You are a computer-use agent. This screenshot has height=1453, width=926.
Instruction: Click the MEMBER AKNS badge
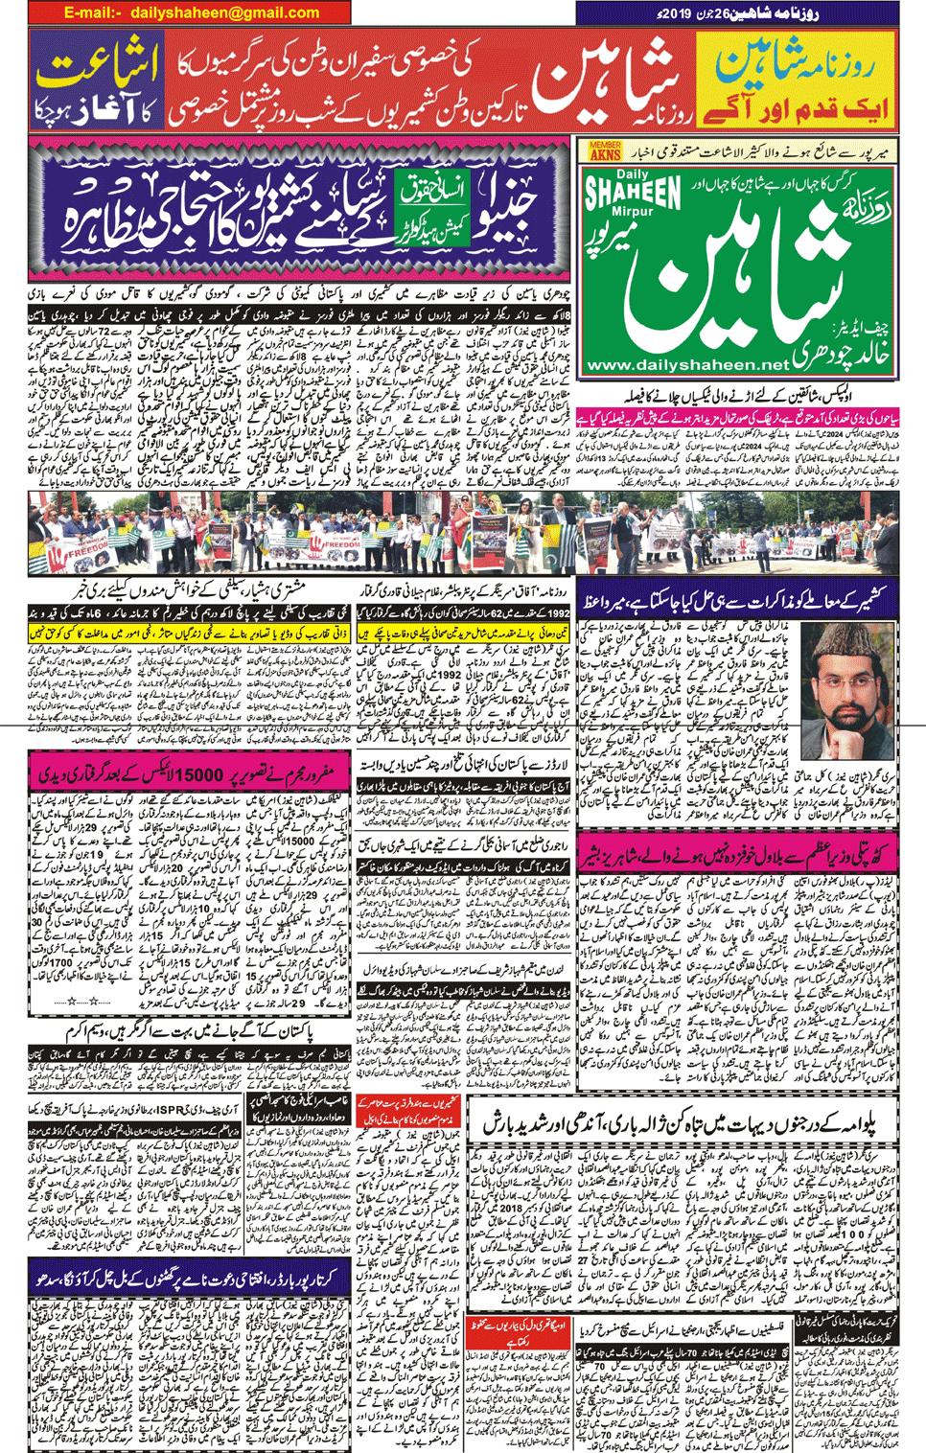point(605,150)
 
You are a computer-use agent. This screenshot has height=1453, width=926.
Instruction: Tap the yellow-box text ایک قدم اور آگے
point(796,106)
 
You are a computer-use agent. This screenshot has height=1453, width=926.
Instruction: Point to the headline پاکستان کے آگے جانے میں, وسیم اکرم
point(221,1031)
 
